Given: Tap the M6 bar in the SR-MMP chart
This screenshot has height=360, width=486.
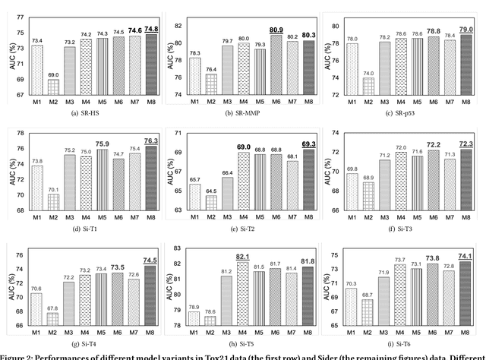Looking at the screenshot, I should click(277, 65).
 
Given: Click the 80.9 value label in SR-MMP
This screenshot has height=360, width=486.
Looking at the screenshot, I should click(277, 30).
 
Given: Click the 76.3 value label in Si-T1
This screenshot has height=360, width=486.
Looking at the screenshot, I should click(151, 141).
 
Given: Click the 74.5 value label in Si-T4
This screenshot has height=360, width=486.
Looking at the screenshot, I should click(151, 261).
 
